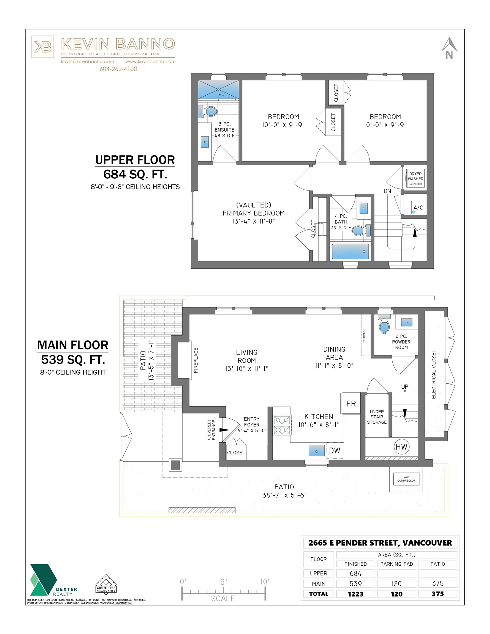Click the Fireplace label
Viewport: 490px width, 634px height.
click(196, 360)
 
